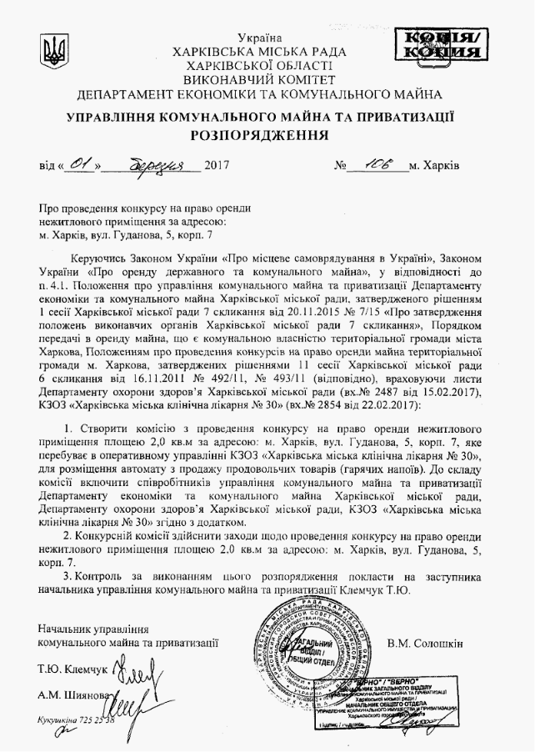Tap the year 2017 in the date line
pyautogui.click(x=216, y=165)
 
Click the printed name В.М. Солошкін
pyautogui.click(x=425, y=642)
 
